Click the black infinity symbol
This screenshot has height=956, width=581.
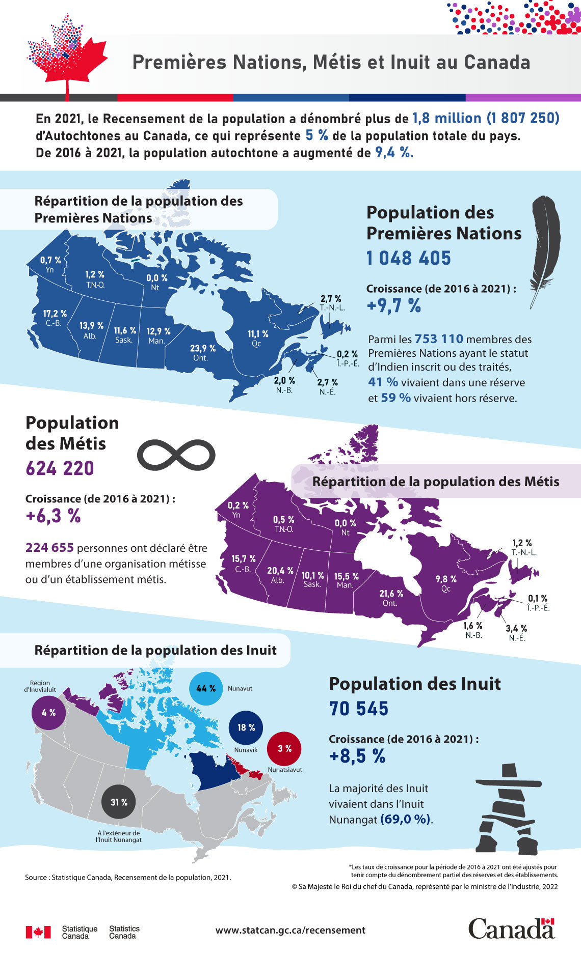point(176,454)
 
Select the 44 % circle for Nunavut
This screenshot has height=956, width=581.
point(206,688)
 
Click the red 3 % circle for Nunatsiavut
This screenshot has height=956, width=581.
point(284,748)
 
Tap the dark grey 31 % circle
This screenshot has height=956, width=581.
point(119,802)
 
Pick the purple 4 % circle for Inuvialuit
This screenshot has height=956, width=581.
point(48,713)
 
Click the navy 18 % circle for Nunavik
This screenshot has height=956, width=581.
point(246,727)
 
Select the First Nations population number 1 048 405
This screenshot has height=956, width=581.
point(409,258)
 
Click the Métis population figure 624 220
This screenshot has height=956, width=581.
point(60,468)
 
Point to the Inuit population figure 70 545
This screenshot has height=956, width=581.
point(359,709)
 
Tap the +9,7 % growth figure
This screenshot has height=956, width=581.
point(394,305)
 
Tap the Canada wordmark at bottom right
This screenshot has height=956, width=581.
point(511,929)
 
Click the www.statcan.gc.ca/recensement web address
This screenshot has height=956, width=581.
point(290,930)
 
